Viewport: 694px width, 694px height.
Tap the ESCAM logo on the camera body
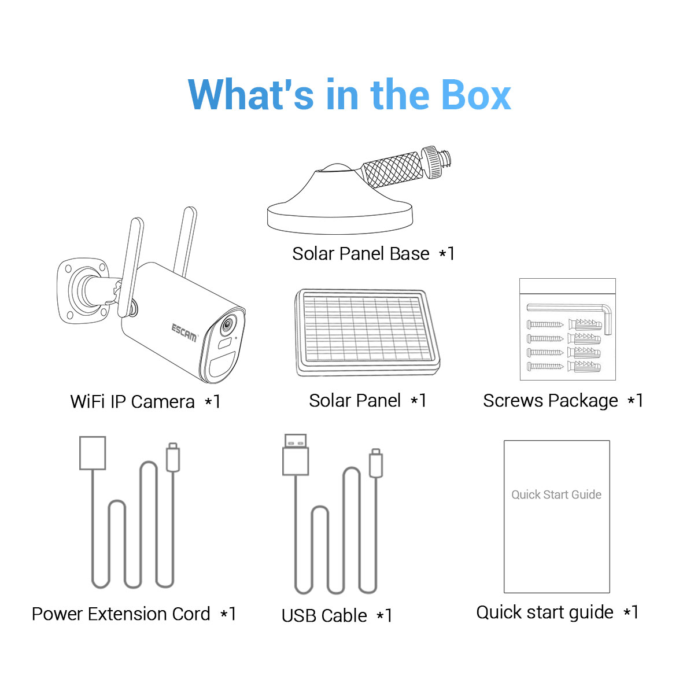184,333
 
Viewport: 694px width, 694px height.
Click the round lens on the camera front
227,324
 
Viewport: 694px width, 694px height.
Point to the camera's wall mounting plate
83,290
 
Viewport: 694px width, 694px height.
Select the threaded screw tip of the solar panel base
447,160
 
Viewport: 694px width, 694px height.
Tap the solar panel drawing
367,332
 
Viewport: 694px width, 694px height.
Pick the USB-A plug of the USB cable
296,455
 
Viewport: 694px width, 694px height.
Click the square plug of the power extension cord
93,453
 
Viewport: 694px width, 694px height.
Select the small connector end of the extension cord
173,457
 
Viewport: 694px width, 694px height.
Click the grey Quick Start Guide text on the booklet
556,495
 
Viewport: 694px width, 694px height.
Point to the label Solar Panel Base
361,253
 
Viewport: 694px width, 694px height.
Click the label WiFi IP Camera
132,401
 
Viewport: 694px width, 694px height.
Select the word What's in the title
251,94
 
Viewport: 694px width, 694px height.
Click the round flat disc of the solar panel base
340,220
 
